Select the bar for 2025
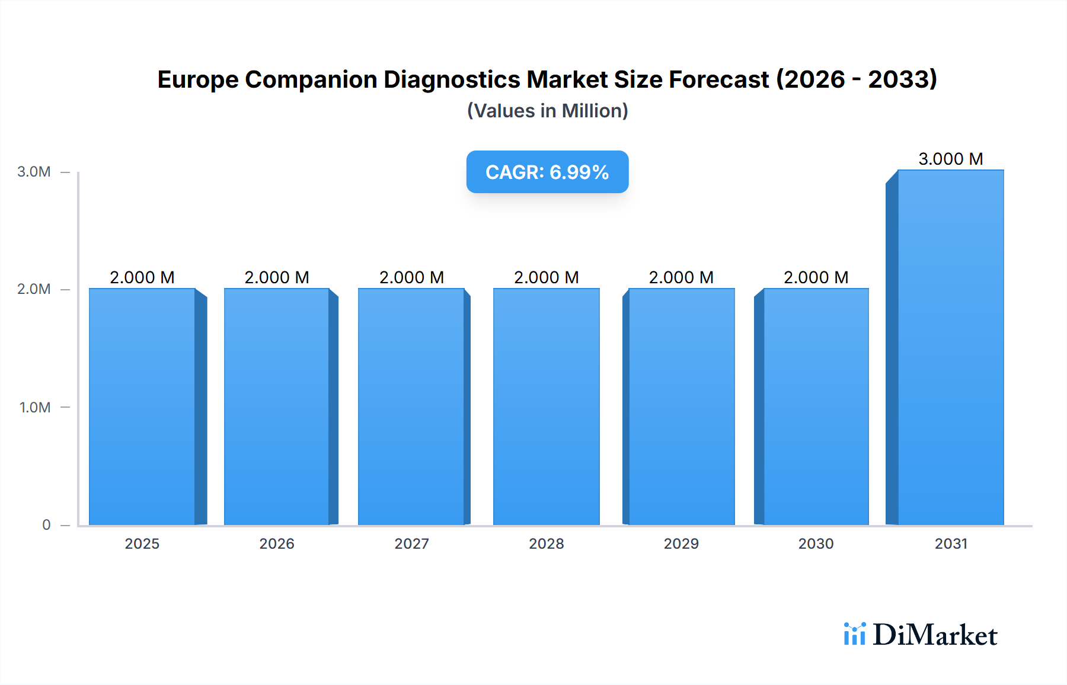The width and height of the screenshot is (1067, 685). (142, 406)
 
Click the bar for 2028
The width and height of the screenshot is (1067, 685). (546, 406)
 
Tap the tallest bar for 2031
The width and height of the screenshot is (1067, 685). (950, 347)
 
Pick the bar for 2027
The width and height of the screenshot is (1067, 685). (411, 406)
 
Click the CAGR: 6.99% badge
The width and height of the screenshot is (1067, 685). (547, 172)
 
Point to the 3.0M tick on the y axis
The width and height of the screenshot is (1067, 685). (34, 172)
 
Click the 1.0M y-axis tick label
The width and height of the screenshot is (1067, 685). (35, 408)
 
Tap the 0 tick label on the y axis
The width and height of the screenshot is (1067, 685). (46, 525)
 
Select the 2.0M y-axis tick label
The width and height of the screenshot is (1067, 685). (34, 289)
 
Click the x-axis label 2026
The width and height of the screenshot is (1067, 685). (277, 544)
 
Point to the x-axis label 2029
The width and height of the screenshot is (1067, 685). (681, 544)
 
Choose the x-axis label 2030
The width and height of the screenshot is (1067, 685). (816, 544)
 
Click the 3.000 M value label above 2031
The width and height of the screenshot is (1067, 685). (950, 159)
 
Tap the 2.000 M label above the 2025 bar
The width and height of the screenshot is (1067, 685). (142, 277)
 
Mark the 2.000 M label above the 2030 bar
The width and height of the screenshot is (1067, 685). (816, 277)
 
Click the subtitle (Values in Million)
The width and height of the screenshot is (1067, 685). (547, 111)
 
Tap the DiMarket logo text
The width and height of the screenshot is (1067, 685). (935, 635)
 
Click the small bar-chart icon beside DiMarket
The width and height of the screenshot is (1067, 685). (854, 634)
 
